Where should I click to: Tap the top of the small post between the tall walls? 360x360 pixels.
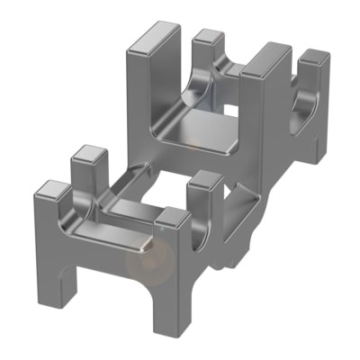coord(208,37)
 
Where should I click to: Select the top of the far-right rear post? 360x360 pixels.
coord(314,58)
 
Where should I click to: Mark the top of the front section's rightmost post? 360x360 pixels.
coord(207,178)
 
